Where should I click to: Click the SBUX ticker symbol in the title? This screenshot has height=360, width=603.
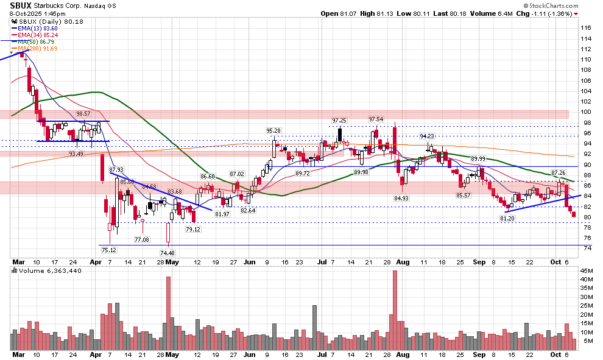point(21,5)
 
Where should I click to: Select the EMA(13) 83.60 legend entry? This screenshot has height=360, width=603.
point(38,28)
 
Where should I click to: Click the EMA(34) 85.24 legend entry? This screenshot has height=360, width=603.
point(38,35)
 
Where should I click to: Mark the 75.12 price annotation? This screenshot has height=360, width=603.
point(108,249)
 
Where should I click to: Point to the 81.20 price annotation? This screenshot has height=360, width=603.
point(507,219)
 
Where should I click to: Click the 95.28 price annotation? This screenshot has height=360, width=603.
point(273,130)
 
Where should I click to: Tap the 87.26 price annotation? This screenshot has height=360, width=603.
point(559,173)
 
